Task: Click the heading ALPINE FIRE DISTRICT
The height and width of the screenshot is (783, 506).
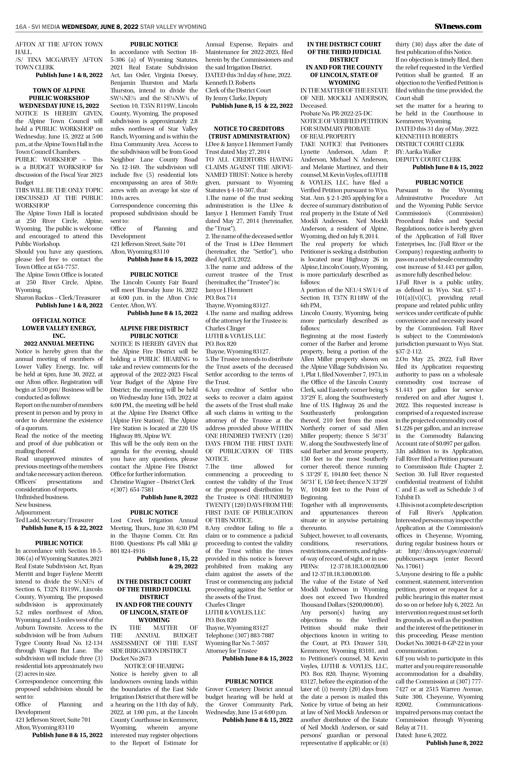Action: [x=154, y=328]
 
